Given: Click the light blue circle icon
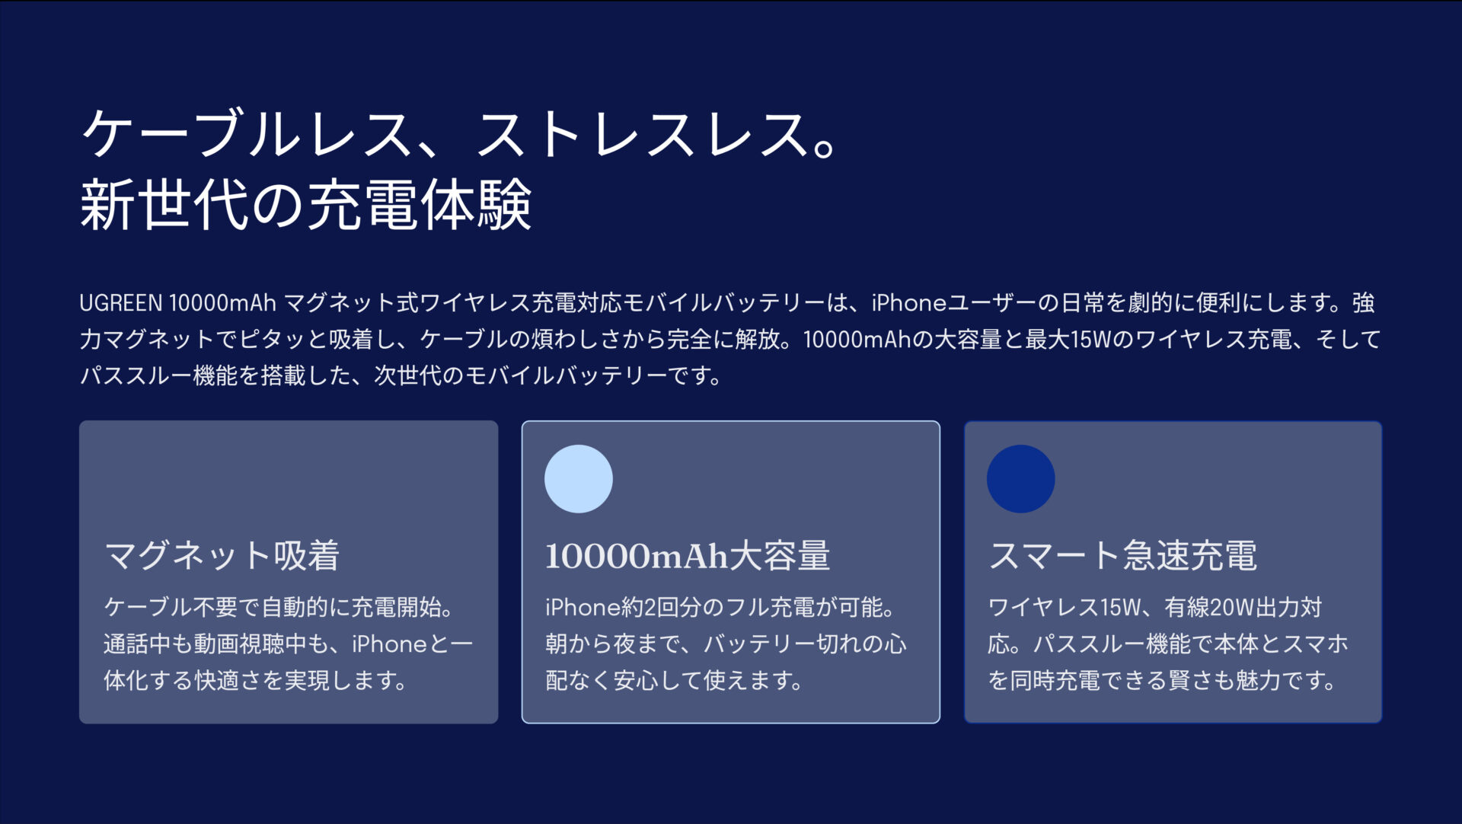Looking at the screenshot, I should [579, 479].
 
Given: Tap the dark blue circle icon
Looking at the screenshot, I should [1020, 479].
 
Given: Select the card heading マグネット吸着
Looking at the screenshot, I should [222, 555].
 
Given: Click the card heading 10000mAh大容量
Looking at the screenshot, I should [687, 555].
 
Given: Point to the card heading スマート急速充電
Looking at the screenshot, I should [1122, 555].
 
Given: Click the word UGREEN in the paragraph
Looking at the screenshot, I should [121, 303].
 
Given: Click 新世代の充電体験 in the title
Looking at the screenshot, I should [305, 204].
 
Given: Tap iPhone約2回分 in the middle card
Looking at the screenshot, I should [621, 607].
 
